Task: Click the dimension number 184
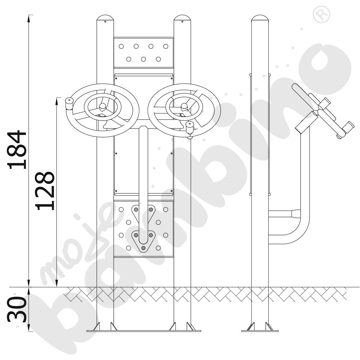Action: (x=17, y=150)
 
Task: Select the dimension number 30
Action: (x=17, y=309)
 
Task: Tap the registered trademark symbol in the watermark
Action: (x=321, y=14)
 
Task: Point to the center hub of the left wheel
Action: (x=102, y=106)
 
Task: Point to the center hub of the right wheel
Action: (x=184, y=106)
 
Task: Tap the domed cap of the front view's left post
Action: (x=105, y=18)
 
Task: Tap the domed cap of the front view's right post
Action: (x=182, y=18)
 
